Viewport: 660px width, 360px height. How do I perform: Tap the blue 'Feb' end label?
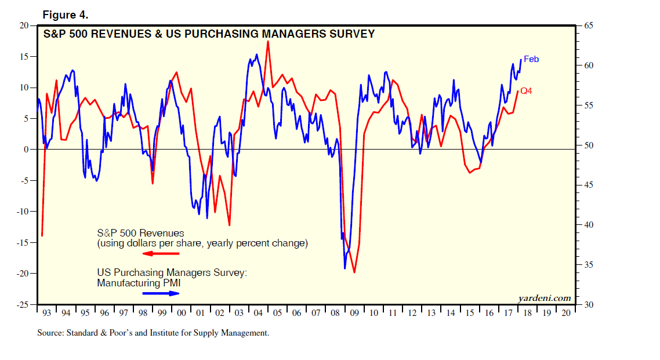point(531,59)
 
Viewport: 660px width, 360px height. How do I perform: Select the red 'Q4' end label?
point(527,91)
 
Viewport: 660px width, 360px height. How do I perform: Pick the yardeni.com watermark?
point(545,298)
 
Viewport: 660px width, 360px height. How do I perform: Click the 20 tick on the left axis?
point(24,26)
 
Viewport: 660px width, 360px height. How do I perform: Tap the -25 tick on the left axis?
point(21,304)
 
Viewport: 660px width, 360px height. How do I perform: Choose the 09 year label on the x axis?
point(354,313)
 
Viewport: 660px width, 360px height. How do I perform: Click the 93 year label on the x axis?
point(47,313)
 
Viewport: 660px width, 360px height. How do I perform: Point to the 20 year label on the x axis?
point(565,313)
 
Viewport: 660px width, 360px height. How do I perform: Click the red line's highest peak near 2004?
point(267,41)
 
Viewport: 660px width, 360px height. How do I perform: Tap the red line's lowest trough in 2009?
point(354,272)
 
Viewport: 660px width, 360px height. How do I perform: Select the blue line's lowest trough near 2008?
point(344,268)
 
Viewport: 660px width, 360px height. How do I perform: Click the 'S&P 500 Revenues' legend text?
point(140,233)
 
